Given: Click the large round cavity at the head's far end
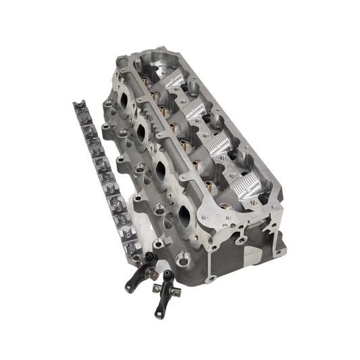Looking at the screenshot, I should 159,63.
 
